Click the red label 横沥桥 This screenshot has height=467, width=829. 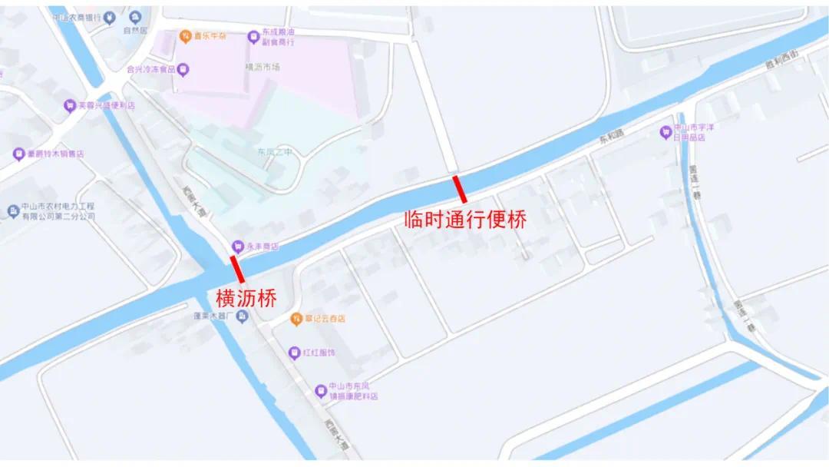[246, 298]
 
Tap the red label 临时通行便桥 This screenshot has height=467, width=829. [465, 219]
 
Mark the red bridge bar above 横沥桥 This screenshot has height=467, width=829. [238, 270]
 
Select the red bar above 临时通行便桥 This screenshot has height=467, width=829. [460, 189]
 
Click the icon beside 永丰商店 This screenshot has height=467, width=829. [238, 246]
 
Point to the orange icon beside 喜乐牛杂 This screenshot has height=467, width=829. [184, 36]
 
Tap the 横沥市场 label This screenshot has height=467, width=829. [263, 67]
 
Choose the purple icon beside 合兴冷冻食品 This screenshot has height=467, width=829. [183, 69]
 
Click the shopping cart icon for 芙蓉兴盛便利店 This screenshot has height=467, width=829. [70, 105]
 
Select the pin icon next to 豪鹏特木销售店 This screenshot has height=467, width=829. [18, 154]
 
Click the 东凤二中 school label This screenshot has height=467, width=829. [275, 152]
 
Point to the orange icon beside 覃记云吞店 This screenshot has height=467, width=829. [296, 318]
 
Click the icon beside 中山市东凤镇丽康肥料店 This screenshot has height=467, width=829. [322, 391]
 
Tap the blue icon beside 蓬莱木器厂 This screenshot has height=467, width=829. [242, 316]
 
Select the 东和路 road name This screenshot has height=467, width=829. [613, 141]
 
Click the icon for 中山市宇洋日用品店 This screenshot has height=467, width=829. [666, 132]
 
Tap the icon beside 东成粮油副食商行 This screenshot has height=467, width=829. [253, 36]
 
